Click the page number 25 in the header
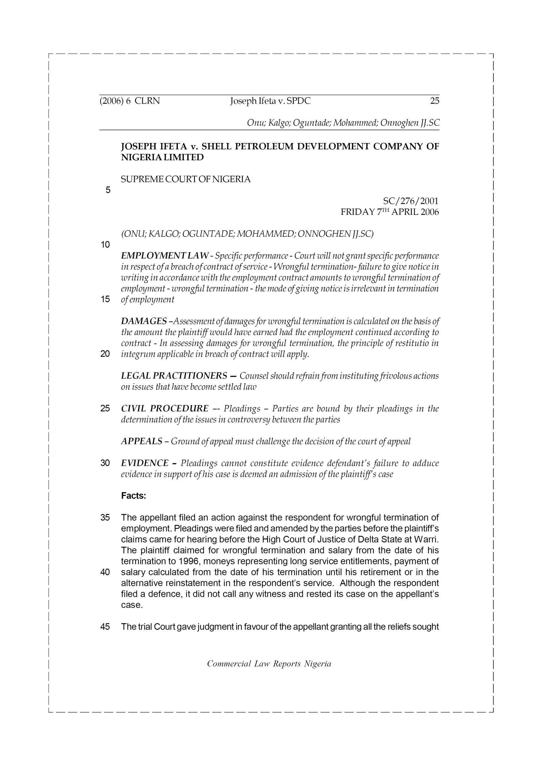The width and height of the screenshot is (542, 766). click(x=434, y=101)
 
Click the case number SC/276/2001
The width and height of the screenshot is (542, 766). click(x=411, y=201)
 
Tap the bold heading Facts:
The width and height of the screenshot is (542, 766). click(x=134, y=496)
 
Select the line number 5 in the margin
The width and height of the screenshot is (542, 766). click(x=108, y=190)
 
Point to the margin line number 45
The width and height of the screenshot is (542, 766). click(x=105, y=627)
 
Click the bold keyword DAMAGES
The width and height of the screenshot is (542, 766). click(x=144, y=321)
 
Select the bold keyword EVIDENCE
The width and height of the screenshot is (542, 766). click(x=145, y=463)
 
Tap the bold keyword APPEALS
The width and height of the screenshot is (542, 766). click(x=142, y=441)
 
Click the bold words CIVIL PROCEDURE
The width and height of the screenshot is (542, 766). click(x=165, y=409)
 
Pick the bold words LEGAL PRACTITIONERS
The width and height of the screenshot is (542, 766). click(x=174, y=376)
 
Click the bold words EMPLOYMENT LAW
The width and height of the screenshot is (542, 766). click(x=165, y=256)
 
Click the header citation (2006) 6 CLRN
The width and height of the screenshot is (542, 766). click(x=130, y=101)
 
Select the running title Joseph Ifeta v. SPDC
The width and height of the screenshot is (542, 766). click(x=270, y=101)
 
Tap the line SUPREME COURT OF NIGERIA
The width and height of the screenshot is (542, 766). click(x=186, y=180)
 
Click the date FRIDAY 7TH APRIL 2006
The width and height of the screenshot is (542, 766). click(x=389, y=212)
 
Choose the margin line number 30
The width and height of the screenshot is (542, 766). click(x=105, y=463)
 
